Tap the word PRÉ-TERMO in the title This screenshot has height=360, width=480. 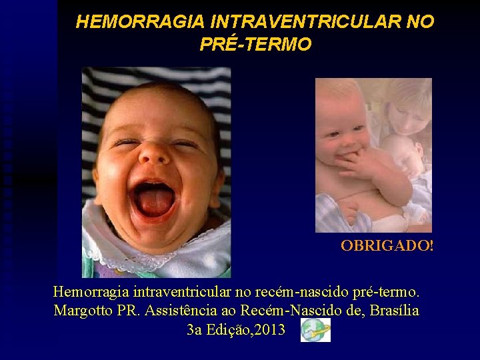255,45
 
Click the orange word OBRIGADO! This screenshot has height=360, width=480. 387,245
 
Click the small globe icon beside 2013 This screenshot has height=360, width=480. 315,330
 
